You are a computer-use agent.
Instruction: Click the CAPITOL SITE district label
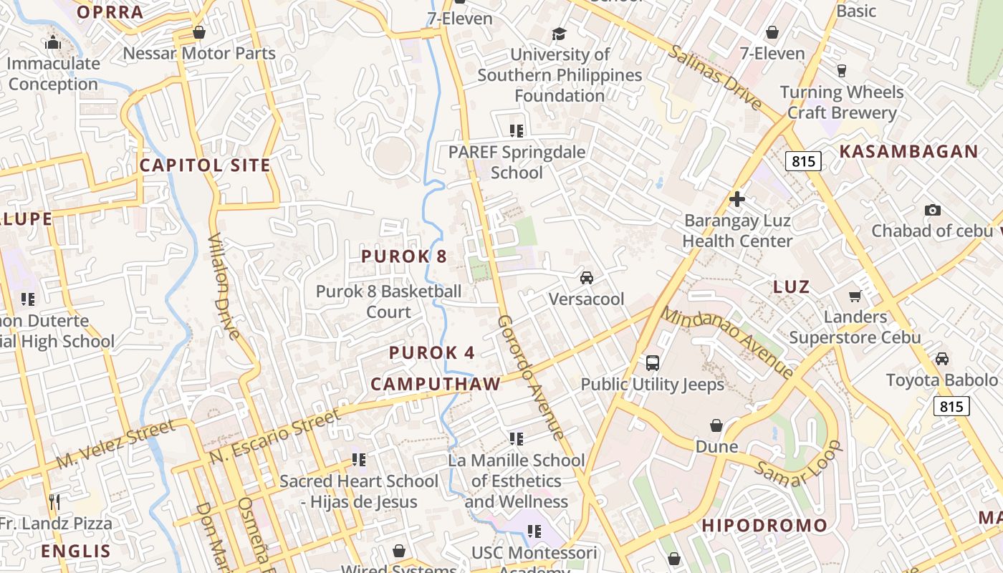[205, 165]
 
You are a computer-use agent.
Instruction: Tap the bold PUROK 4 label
[432, 352]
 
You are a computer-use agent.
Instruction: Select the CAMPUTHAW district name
[436, 384]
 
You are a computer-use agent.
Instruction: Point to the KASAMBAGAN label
[908, 151]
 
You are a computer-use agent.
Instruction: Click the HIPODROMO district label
[764, 525]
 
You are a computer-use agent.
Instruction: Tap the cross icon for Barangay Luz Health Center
[736, 198]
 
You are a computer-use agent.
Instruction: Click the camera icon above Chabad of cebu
[931, 210]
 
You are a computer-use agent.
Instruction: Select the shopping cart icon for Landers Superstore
[855, 296]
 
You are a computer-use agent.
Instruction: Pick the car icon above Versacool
[586, 278]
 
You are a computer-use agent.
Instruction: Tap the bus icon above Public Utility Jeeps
[652, 362]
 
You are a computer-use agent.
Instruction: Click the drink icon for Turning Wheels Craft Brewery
[842, 70]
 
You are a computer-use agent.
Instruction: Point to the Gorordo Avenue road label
[530, 377]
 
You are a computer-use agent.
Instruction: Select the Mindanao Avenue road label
[726, 342]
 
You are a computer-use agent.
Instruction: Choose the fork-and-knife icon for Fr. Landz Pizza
[54, 501]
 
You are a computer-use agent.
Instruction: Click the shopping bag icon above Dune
[716, 425]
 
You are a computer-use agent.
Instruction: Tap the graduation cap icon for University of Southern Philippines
[559, 34]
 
